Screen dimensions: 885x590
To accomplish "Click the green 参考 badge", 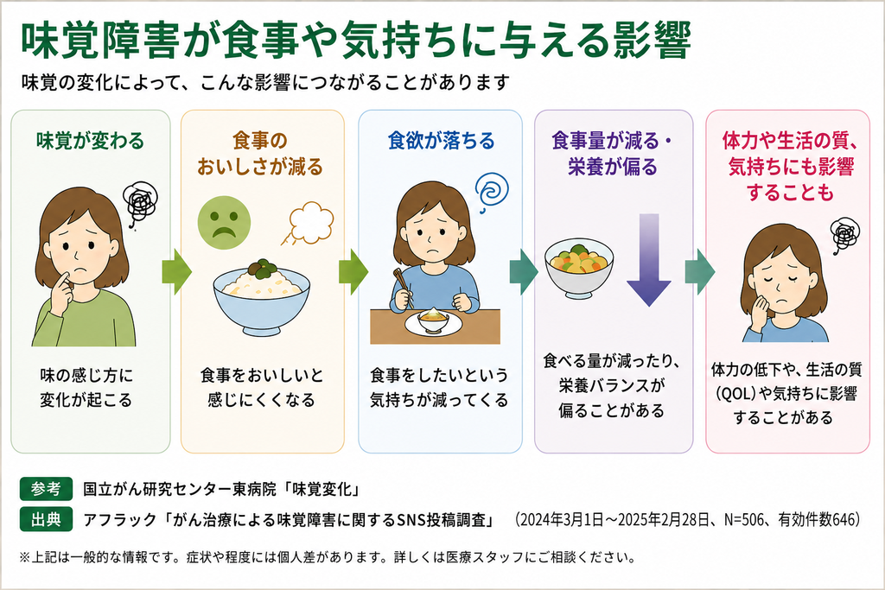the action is pyautogui.click(x=47, y=489).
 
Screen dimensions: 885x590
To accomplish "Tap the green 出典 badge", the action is pyautogui.click(x=47, y=519).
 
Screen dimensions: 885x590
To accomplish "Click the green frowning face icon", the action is pyautogui.click(x=224, y=222).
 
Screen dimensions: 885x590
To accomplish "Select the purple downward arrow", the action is pyautogui.click(x=649, y=260).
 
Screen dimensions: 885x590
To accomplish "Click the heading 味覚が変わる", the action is pyautogui.click(x=90, y=141).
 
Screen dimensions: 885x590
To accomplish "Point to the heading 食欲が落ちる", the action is pyautogui.click(x=441, y=141).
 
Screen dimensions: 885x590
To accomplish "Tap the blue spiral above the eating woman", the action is pyautogui.click(x=492, y=191).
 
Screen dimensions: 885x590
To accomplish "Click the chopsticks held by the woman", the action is pyautogui.click(x=403, y=286).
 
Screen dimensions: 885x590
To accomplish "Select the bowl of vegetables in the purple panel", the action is pyautogui.click(x=579, y=269).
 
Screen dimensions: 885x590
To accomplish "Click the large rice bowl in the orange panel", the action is pyautogui.click(x=261, y=298).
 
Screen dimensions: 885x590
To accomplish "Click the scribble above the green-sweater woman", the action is pyautogui.click(x=140, y=202).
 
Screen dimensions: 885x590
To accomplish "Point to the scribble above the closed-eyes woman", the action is pyautogui.click(x=845, y=235).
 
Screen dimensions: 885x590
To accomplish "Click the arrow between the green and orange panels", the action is pyautogui.click(x=176, y=272).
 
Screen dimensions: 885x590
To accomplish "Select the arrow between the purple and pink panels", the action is pyautogui.click(x=700, y=272).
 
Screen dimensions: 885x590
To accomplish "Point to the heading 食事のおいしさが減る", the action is pyautogui.click(x=260, y=154).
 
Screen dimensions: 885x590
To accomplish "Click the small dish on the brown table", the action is pyautogui.click(x=434, y=322).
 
